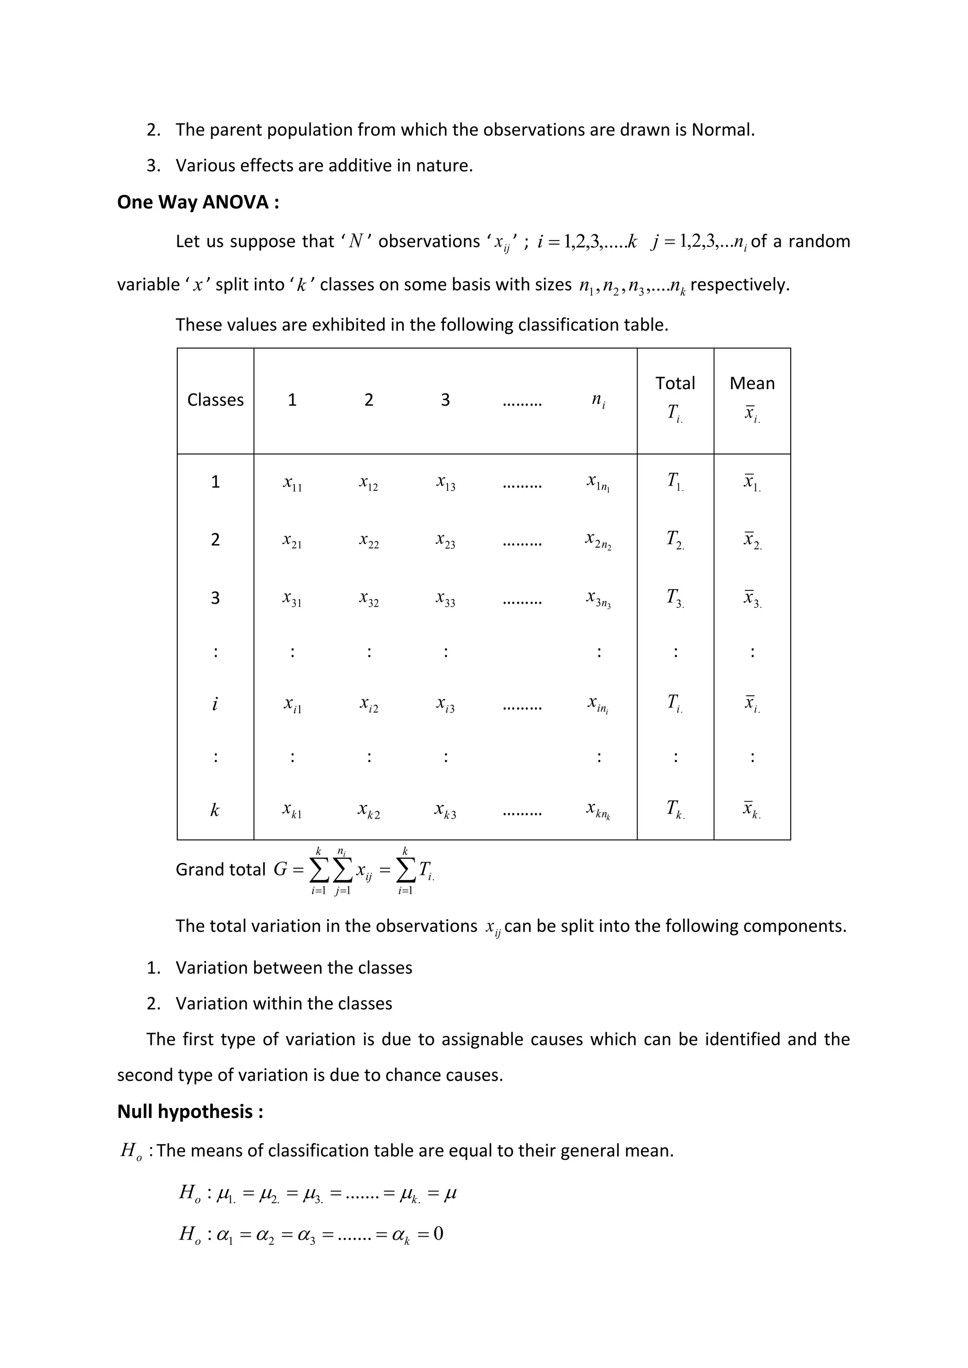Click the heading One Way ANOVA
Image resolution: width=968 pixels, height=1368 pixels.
click(198, 203)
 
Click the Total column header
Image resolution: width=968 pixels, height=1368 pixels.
click(675, 383)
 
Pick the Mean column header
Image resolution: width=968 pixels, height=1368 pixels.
click(752, 383)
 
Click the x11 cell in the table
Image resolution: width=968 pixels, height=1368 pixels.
click(292, 483)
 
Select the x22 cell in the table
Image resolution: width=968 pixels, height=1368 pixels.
click(368, 540)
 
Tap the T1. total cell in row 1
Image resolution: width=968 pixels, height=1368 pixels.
click(675, 481)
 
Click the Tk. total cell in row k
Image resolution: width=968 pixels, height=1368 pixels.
click(675, 809)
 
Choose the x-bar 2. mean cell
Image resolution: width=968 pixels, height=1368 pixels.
click(752, 540)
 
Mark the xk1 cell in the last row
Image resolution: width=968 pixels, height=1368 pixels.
click(292, 810)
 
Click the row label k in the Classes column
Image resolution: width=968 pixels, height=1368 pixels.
click(215, 810)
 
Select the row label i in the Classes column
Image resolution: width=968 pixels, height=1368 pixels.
click(215, 704)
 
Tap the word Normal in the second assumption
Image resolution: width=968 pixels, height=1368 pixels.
click(722, 130)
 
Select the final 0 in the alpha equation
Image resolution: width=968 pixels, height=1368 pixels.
click(438, 1233)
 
